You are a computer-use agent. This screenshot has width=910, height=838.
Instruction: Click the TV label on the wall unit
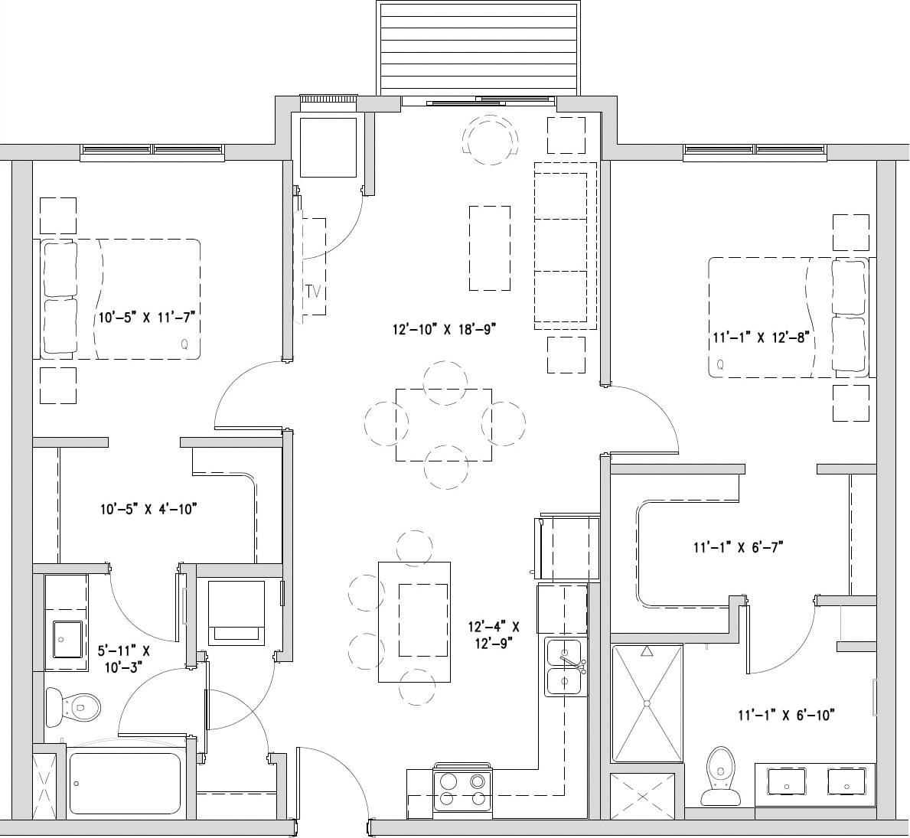tap(311, 292)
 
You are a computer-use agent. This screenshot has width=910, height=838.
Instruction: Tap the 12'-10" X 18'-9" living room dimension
tap(445, 329)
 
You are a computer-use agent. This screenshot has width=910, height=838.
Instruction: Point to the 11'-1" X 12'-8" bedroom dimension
tap(761, 337)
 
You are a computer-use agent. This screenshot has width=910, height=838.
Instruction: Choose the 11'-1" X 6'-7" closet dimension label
tap(737, 547)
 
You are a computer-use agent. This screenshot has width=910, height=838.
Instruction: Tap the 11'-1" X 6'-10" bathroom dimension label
tap(785, 716)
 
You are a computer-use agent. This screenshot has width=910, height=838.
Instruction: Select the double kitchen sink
tap(565, 667)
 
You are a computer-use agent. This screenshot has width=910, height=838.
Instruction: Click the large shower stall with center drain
tap(647, 703)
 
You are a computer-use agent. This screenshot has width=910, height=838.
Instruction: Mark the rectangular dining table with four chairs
tap(444, 424)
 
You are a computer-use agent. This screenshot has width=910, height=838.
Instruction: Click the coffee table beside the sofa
tap(490, 247)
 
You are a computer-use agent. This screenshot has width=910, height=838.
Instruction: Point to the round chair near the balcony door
tap(489, 140)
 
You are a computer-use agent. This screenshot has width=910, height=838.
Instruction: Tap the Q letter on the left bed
tap(184, 344)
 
